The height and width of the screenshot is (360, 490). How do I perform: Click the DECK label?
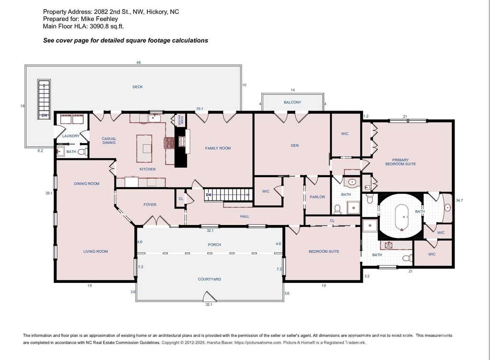137,87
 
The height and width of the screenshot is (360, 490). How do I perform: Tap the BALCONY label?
292,102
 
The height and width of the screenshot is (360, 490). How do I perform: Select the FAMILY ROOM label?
218,148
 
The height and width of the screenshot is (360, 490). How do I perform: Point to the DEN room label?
295,146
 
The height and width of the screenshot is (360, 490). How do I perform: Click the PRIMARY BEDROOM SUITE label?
401,162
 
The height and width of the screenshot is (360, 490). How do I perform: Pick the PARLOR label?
317,197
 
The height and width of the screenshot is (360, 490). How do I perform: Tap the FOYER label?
150,205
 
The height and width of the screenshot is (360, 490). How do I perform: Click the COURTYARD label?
210,279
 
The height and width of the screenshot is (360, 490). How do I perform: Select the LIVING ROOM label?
95,251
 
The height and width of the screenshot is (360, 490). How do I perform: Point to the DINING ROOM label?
87,183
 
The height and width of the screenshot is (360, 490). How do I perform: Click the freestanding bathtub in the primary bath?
402,217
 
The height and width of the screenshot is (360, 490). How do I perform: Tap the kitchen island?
144,148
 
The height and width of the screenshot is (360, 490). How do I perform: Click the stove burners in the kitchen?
169,143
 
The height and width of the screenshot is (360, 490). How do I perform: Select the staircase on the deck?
44,100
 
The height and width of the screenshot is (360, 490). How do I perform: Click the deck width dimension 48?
138,63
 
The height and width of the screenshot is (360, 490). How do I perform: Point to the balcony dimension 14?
292,90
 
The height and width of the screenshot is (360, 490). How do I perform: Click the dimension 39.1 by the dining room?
49,193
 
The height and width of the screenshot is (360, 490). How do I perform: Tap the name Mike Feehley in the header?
100,19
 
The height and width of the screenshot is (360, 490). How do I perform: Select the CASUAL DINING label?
109,141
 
